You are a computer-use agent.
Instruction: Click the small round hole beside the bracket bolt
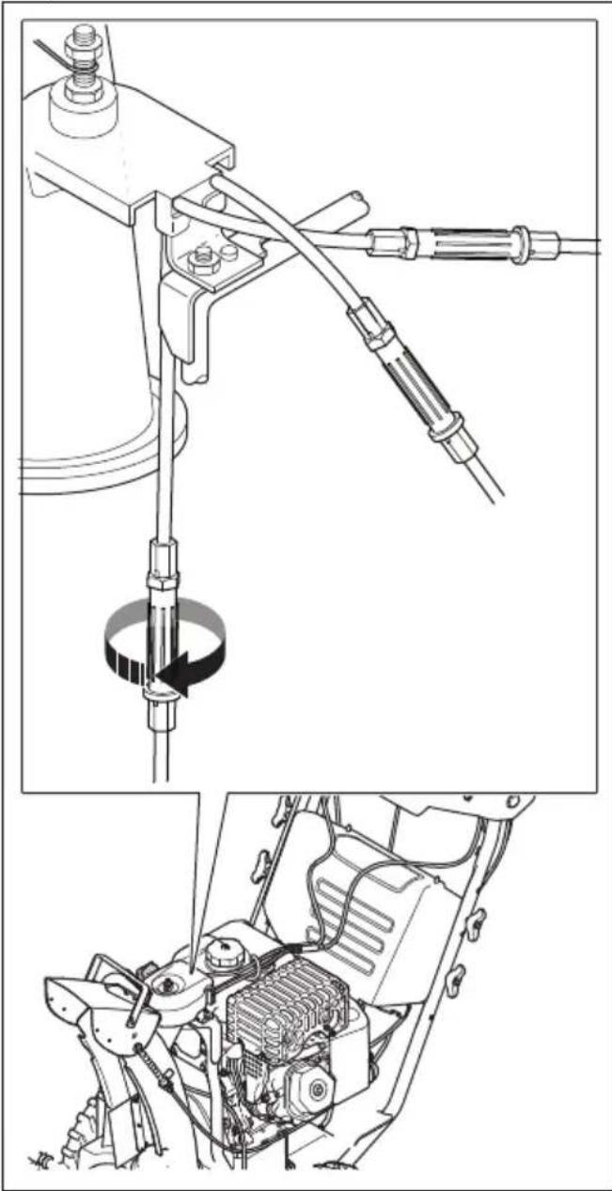[x=228, y=253]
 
